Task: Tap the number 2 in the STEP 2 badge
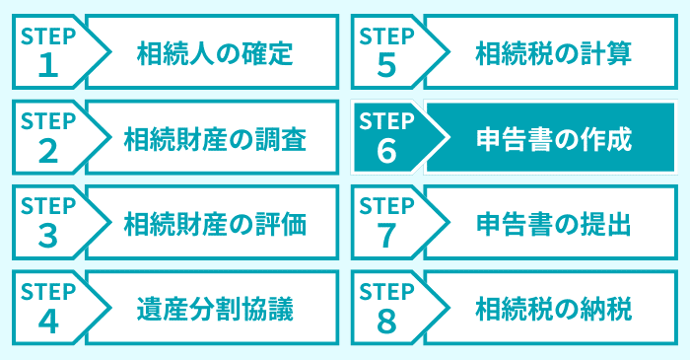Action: tap(48, 150)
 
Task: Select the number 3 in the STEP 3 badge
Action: tap(48, 236)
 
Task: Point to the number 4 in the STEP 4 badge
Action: tap(48, 321)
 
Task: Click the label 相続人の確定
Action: tap(215, 51)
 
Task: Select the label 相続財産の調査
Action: tap(215, 137)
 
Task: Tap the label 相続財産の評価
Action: tap(215, 223)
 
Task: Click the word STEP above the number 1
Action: tap(48, 36)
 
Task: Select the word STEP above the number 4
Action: tap(48, 292)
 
